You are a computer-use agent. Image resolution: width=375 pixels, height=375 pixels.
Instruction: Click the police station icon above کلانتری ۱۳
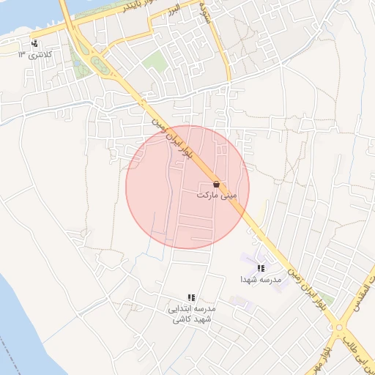pyautogui.click(x=34, y=43)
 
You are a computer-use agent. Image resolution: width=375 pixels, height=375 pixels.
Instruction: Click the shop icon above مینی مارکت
pyautogui.click(x=216, y=184)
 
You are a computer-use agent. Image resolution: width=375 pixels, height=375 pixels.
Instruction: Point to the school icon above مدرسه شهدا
pyautogui.click(x=261, y=268)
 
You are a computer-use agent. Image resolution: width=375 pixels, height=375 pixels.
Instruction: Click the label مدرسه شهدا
pyautogui.click(x=261, y=280)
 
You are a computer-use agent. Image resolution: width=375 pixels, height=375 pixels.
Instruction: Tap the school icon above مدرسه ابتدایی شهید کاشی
pyautogui.click(x=191, y=297)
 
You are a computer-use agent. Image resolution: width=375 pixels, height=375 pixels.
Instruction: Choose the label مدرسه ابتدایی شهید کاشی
pyautogui.click(x=191, y=314)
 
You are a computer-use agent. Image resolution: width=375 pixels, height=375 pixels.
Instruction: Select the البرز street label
pyautogui.click(x=172, y=11)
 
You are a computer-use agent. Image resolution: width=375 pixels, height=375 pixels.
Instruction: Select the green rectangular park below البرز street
pyautogui.click(x=154, y=60)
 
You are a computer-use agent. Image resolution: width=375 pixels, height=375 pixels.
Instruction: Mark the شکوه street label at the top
pyautogui.click(x=204, y=10)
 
